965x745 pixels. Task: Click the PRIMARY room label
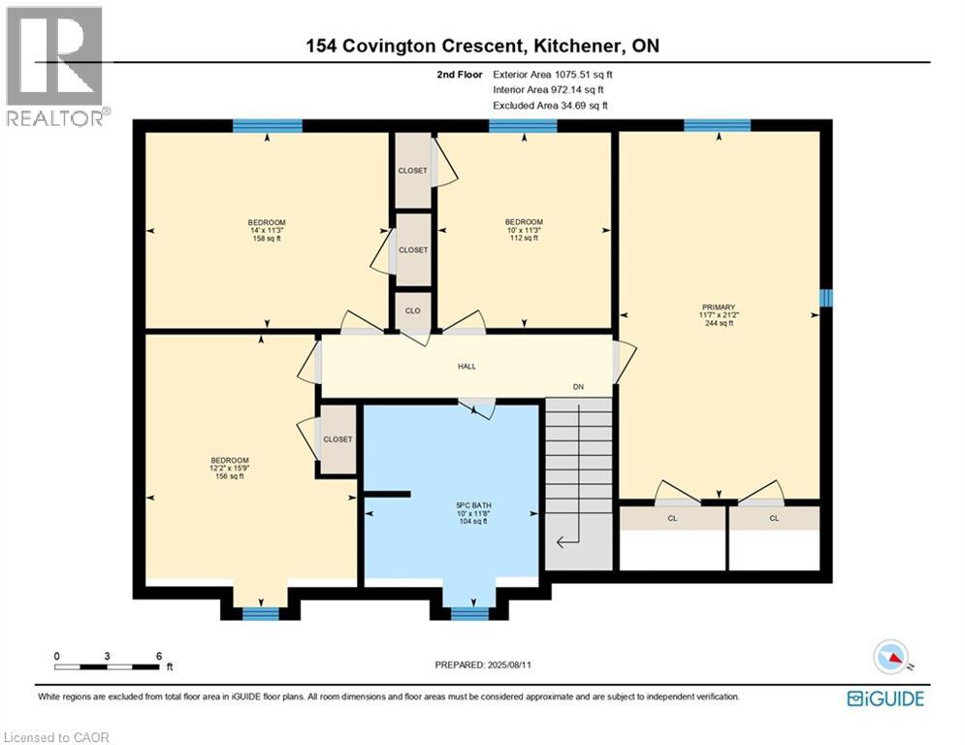coord(719,308)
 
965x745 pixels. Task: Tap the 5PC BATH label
coord(472,505)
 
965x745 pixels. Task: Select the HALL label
coord(466,367)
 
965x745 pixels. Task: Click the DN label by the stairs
coord(578,387)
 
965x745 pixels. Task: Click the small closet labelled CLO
coord(412,311)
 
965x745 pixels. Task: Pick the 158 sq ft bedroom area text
coord(267,239)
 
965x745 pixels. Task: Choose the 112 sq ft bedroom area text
coord(524,238)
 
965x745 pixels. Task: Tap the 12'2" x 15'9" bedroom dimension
coord(230,468)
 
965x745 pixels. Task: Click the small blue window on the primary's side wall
coord(826,298)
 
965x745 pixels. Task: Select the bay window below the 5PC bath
coord(469,613)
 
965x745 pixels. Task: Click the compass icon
coord(891,657)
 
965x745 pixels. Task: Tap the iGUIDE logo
coord(885,698)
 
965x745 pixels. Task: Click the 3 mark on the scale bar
coord(107,657)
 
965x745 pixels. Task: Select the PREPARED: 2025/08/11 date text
coord(483,664)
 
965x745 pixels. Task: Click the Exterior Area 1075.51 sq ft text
coord(553,75)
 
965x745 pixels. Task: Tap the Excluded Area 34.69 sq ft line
coord(550,106)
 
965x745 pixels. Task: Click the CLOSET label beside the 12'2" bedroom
coord(338,439)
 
